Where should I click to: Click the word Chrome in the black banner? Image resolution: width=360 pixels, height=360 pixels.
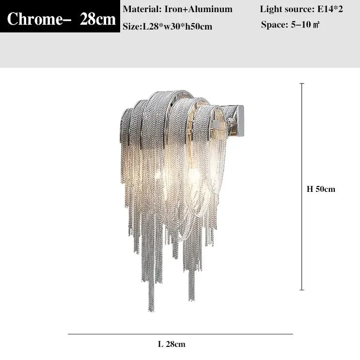tap(35, 19)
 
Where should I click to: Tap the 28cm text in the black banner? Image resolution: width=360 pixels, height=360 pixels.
tap(98, 19)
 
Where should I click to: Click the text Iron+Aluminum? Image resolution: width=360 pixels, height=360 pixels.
tap(198, 9)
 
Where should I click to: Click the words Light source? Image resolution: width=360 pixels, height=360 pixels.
tap(287, 9)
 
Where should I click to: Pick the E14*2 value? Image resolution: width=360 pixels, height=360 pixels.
tap(330, 9)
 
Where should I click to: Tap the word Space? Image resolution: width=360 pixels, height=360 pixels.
tap(274, 24)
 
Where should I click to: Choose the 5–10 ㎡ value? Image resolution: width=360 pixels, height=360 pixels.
tap(305, 24)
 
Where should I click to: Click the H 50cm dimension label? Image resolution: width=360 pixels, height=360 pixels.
tap(321, 189)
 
